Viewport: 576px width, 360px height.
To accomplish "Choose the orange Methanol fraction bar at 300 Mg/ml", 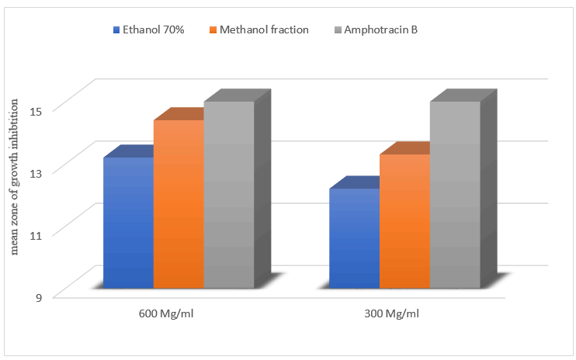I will [x=404, y=220].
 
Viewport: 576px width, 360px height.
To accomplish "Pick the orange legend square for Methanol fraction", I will [x=213, y=31].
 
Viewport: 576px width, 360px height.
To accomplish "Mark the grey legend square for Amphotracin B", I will [x=338, y=31].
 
